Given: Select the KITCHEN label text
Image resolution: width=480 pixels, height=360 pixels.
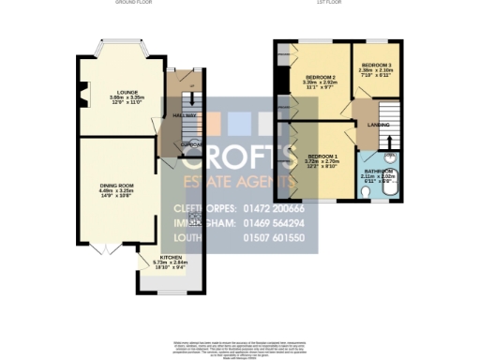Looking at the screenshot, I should (x=170, y=256).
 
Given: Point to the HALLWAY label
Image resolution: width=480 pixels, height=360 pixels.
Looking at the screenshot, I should (x=184, y=114).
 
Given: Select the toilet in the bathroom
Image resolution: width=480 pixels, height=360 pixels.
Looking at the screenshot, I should (x=365, y=192).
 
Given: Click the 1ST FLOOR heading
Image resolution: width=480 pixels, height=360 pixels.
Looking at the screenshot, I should (x=340, y=3).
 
